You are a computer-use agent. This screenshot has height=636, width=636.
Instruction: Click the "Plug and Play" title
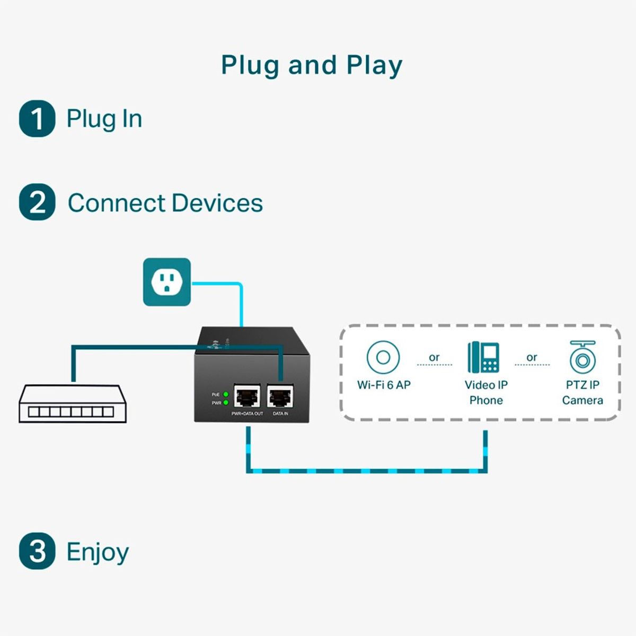(x=312, y=66)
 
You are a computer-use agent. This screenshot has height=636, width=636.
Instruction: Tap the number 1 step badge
(x=37, y=118)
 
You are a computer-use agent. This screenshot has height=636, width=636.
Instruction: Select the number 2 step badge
(x=37, y=202)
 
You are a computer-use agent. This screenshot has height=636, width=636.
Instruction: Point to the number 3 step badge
(x=37, y=551)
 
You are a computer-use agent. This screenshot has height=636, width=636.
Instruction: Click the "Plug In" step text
(x=104, y=119)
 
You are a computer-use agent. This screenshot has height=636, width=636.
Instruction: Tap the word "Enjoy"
(x=98, y=552)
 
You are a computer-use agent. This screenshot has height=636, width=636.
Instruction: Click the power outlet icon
(x=167, y=282)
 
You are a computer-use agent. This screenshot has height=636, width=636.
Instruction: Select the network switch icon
(x=73, y=404)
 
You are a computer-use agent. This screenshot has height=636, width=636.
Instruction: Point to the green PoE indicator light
(x=226, y=394)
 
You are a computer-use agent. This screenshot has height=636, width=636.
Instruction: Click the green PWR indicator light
(x=226, y=403)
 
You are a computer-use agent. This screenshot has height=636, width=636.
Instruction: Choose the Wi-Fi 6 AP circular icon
(x=383, y=357)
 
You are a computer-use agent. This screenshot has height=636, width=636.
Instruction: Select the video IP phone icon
(x=483, y=357)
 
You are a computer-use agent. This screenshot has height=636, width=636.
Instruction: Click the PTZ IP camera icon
(x=582, y=358)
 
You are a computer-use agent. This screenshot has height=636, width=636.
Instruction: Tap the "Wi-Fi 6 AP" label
(x=384, y=385)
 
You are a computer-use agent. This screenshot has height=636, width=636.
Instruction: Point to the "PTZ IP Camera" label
(x=582, y=393)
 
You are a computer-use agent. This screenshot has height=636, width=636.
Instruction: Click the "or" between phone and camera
(x=532, y=358)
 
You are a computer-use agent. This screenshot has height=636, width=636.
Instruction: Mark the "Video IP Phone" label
(x=486, y=393)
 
